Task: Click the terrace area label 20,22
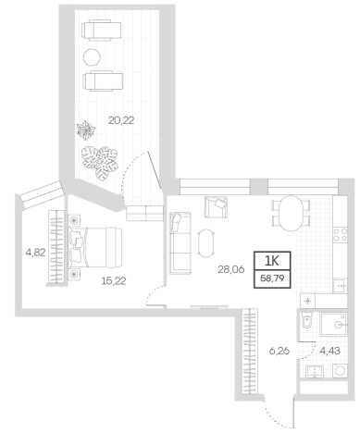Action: point(121,120)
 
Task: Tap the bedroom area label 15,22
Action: point(114,280)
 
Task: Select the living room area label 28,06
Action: point(231,269)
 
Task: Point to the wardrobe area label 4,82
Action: point(35,253)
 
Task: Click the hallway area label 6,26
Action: point(279,351)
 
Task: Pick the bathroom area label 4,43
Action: point(330,351)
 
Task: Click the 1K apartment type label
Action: point(272,261)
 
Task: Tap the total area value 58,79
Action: point(272,278)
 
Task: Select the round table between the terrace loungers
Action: point(92,57)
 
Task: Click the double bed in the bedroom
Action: point(95,247)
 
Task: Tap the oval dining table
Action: point(291,213)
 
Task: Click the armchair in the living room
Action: point(216,207)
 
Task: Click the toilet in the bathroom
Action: point(307,320)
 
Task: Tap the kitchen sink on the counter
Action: point(340,285)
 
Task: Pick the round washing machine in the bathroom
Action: point(340,370)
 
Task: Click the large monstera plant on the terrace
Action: point(100,162)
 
